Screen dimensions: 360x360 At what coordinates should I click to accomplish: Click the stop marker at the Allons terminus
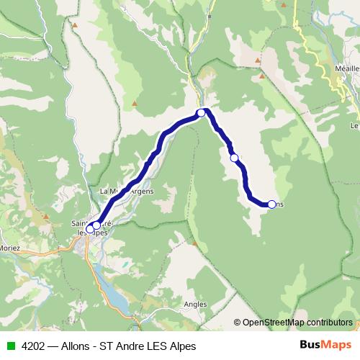[x=271, y=204]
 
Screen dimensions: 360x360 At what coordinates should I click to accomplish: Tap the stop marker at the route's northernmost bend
[x=202, y=112]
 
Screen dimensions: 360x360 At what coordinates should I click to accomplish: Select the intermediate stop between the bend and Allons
[x=234, y=158]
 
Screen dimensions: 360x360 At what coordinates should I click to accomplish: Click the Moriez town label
[x=10, y=248]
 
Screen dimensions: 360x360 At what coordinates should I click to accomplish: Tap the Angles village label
[x=195, y=304]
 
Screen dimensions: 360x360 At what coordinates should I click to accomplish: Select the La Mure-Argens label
[x=126, y=191]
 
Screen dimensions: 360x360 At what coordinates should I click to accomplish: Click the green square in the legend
[x=10, y=346]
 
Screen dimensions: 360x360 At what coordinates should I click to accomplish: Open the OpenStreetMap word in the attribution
[x=274, y=323]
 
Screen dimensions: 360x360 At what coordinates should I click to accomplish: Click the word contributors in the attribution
[x=329, y=323]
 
